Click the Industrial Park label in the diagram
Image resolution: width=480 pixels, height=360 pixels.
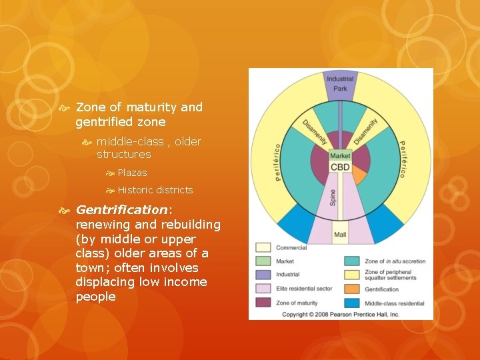click(x=340, y=84)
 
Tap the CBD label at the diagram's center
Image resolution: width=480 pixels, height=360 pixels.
click(x=340, y=167)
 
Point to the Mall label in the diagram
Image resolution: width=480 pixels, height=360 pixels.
click(x=340, y=235)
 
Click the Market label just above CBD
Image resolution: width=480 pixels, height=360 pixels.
click(x=340, y=156)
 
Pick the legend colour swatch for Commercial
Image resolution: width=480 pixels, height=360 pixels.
click(x=263, y=247)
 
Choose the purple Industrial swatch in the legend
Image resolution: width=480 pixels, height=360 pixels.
click(x=263, y=275)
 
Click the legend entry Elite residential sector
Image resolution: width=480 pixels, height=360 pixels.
click(x=302, y=289)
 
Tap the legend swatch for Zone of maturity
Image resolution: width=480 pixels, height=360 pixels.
click(x=263, y=303)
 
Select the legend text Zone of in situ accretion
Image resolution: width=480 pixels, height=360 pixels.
click(x=395, y=261)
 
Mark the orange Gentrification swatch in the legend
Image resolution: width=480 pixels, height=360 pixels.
click(x=351, y=289)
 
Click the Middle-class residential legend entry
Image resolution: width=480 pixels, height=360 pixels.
click(x=395, y=303)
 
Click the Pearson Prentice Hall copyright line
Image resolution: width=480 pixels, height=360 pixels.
click(x=341, y=314)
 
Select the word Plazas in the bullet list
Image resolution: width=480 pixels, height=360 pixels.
click(x=132, y=173)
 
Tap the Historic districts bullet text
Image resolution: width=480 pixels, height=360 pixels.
click(x=155, y=190)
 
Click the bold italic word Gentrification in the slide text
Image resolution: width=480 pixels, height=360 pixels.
click(x=122, y=209)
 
